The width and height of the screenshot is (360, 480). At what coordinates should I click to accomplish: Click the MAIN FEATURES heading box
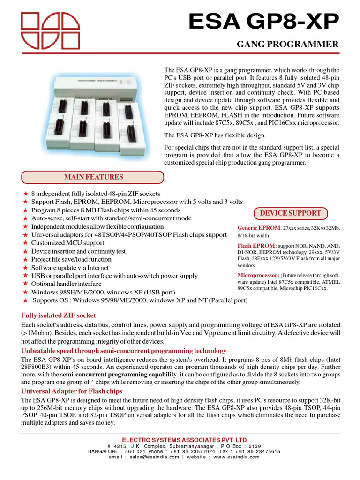pos(93,177)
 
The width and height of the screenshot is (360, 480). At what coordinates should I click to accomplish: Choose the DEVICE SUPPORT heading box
pos(290,213)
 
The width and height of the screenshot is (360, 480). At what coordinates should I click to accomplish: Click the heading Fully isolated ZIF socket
pos(59,315)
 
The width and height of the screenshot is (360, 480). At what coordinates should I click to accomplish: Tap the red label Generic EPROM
pos(258,228)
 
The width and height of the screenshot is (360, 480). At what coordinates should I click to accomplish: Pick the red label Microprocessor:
pos(258,275)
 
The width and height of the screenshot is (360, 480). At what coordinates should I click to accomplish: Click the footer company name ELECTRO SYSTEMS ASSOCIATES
pos(180,439)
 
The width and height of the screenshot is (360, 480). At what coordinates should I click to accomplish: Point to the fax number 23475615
pos(263,451)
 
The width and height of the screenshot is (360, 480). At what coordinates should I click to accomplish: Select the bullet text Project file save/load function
pos(71,259)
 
